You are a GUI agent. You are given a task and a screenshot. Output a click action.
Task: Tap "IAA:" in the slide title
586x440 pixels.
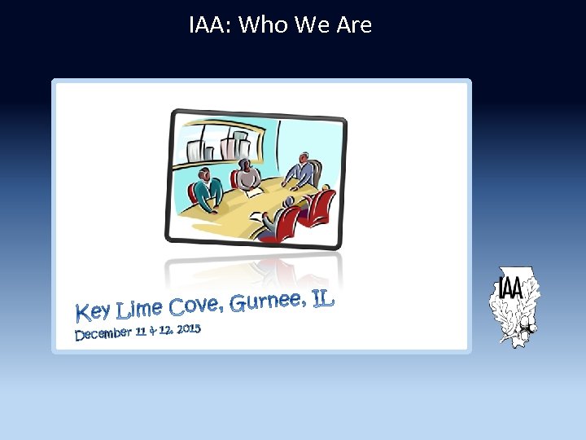(211, 25)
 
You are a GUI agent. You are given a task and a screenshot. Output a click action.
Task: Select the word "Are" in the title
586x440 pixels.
(354, 25)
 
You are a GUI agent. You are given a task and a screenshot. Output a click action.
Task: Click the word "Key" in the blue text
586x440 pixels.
(93, 311)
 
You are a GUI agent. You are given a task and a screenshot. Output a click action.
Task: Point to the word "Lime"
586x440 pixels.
(139, 309)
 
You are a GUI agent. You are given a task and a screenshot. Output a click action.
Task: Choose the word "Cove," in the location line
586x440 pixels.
(195, 306)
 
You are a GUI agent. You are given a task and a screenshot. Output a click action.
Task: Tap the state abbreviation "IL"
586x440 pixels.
(323, 298)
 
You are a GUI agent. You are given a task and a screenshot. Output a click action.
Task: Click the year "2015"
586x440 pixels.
(187, 328)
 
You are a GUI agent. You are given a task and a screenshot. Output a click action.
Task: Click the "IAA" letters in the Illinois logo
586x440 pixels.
(511, 287)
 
